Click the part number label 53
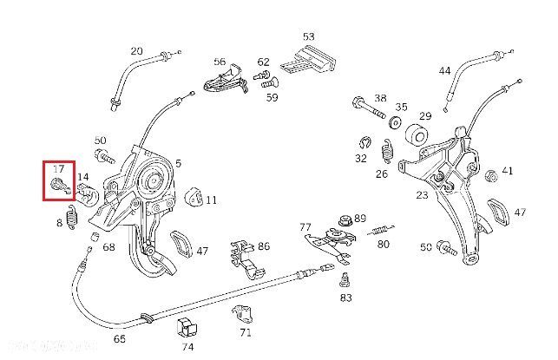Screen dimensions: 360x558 [x=308, y=36]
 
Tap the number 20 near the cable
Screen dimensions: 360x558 [x=136, y=51]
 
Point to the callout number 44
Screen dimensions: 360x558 [x=444, y=70]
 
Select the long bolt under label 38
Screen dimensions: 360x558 [x=371, y=114]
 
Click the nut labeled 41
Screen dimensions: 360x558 [x=489, y=175]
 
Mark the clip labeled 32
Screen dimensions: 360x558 [x=364, y=144]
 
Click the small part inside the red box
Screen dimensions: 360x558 [x=59, y=186]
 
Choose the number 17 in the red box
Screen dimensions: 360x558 [x=59, y=168]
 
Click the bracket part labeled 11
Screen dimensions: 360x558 [x=194, y=199]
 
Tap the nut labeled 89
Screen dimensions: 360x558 [x=345, y=219]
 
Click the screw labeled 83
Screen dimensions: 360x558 [x=345, y=280]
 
